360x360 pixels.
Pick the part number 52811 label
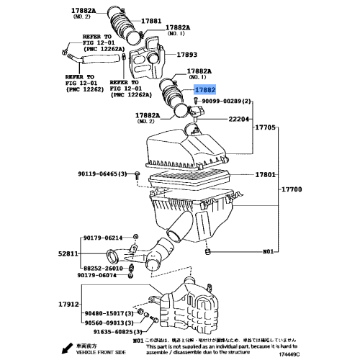click(69, 254)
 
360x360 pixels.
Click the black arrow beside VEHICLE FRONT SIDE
click(66, 348)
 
